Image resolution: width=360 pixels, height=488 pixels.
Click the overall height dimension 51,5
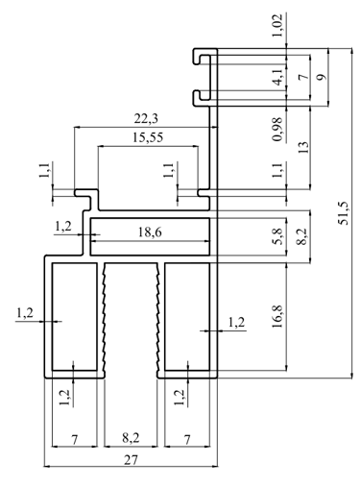coord(344,213)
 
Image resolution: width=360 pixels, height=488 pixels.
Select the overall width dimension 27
coord(131,460)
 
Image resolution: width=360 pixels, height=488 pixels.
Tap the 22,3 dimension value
coord(146,119)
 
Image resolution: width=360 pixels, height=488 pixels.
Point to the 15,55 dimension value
coord(148,137)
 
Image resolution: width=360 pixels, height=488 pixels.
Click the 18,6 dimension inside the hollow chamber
coord(150,232)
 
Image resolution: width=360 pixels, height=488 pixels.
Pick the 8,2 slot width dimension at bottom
coord(131,437)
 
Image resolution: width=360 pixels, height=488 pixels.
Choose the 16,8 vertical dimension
coord(277,316)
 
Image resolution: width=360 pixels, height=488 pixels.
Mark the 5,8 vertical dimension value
coord(277,236)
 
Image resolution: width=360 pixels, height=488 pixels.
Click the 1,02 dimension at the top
coord(277,25)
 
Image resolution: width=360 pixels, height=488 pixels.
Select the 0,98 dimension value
coord(277,129)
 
